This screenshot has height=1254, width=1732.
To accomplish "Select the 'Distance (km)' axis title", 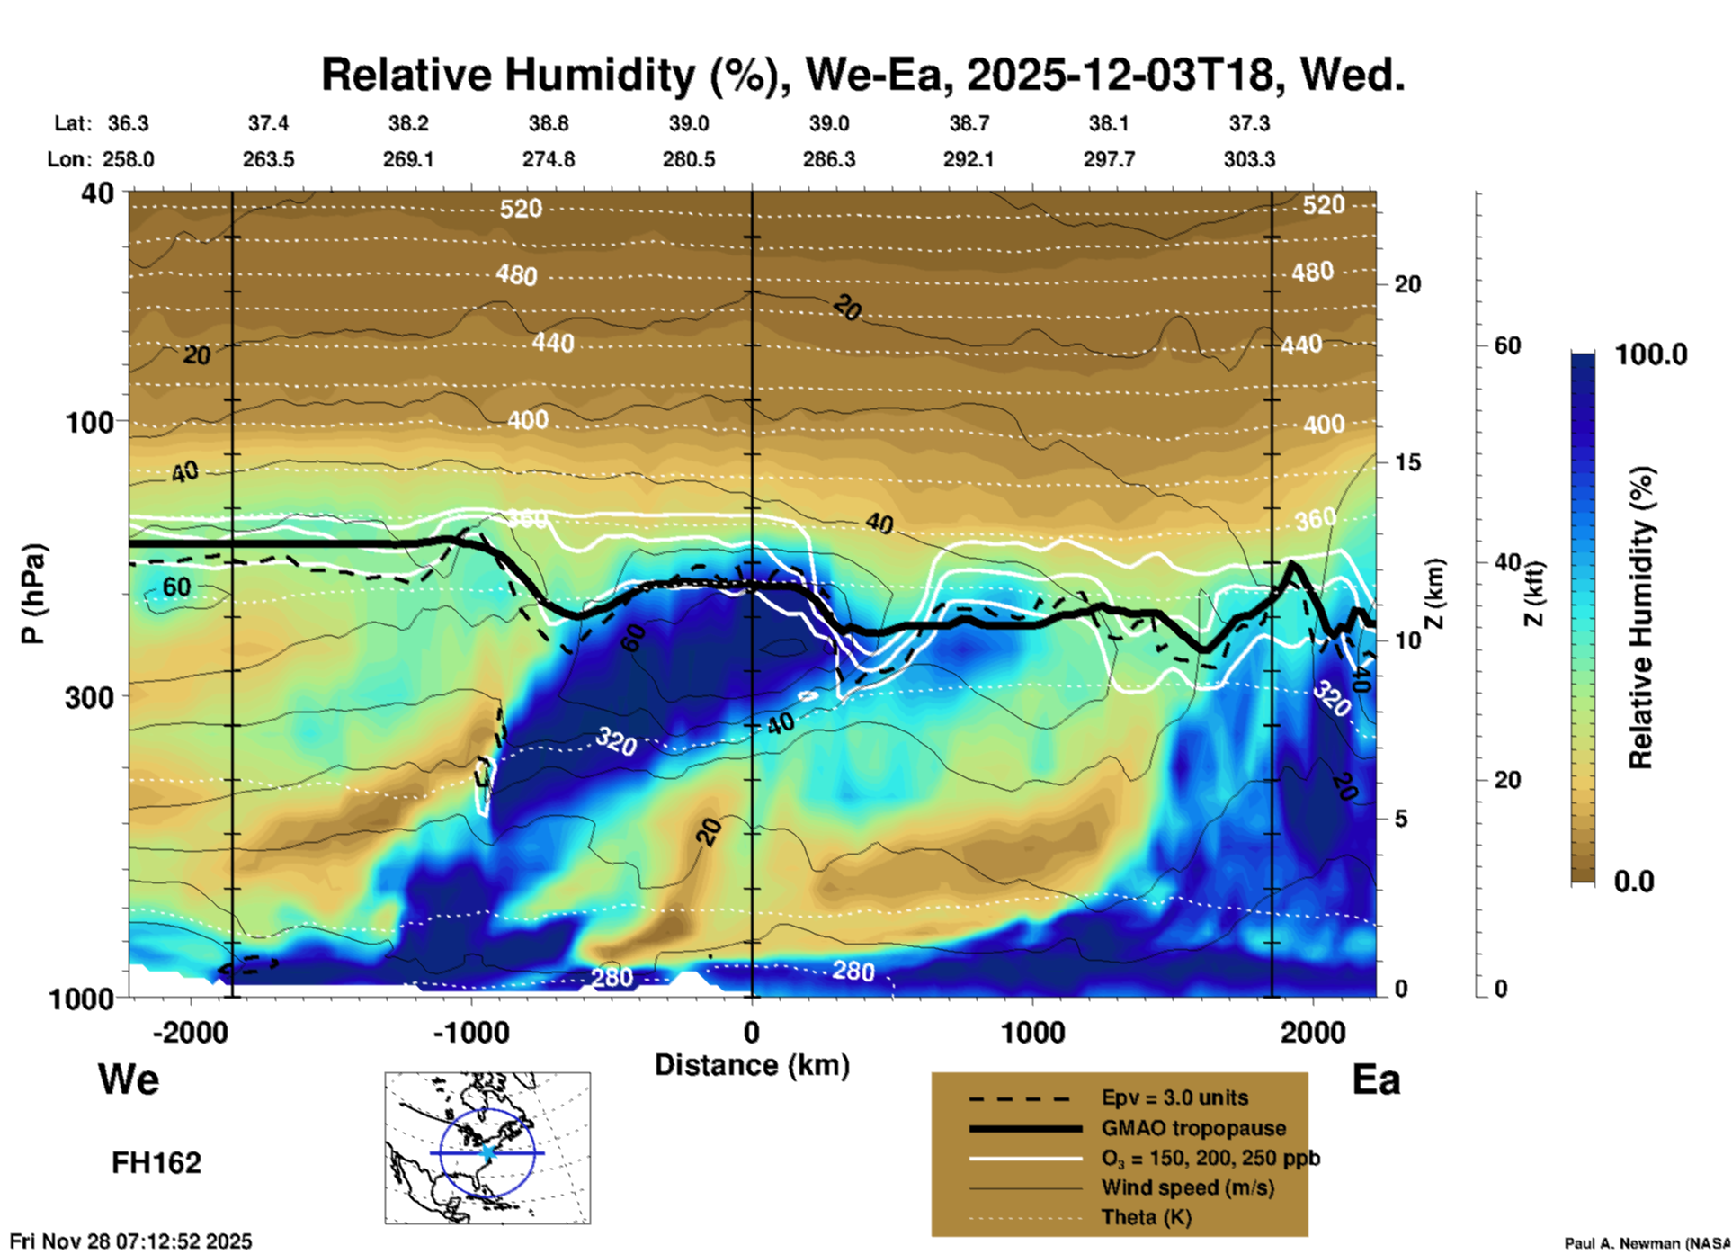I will pyautogui.click(x=752, y=1065).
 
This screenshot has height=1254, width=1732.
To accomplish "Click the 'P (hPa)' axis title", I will pyautogui.click(x=32, y=594).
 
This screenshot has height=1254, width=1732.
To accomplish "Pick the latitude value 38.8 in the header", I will pyautogui.click(x=549, y=123).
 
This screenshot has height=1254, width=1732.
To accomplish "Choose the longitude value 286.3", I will pyautogui.click(x=828, y=159).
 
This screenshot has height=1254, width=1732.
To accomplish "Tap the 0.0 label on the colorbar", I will pyautogui.click(x=1634, y=882).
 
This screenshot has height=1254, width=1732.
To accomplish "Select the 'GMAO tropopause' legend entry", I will pyautogui.click(x=1193, y=1128).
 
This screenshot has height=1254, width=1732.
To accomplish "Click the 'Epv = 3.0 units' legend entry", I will pyautogui.click(x=1174, y=1097).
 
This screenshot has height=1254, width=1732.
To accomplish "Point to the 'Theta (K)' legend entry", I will pyautogui.click(x=1146, y=1217).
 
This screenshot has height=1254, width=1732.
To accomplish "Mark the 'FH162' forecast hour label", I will pyautogui.click(x=156, y=1163).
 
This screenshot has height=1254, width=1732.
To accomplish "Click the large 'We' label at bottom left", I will pyautogui.click(x=129, y=1079).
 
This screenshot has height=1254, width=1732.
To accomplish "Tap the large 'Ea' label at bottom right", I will pyautogui.click(x=1376, y=1079).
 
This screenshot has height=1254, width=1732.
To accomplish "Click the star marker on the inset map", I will pyautogui.click(x=487, y=1152).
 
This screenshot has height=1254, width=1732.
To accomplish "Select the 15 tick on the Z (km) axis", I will pyautogui.click(x=1407, y=462).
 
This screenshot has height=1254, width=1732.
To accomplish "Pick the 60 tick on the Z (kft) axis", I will pyautogui.click(x=1507, y=345).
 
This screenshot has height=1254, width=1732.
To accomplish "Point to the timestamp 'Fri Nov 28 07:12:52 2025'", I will pyautogui.click(x=131, y=1241).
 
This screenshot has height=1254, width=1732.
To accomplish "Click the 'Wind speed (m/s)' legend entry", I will pyautogui.click(x=1187, y=1187).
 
